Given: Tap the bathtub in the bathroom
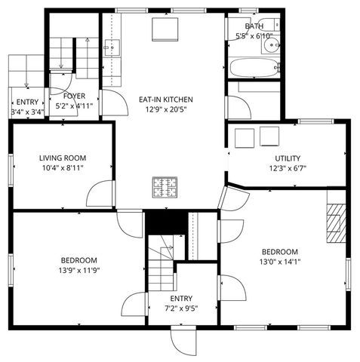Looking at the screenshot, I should tap(252, 68).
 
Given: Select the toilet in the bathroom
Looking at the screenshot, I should tap(272, 45).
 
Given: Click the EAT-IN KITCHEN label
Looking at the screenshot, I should tap(166, 99).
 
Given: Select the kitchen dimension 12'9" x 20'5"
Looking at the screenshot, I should tap(166, 109).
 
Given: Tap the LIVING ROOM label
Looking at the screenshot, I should tap(63, 158).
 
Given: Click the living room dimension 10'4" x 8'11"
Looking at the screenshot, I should tap(63, 167).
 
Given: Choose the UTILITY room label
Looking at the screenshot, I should tap(287, 158).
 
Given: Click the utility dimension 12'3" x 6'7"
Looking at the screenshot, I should tap(287, 168).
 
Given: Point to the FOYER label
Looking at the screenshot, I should tap(74, 96).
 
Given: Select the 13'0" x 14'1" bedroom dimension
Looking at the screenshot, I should tap(280, 262).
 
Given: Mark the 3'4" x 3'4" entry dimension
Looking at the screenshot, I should tap(27, 112).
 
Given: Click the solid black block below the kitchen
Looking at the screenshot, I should tap(165, 222).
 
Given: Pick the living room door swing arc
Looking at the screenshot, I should tap(100, 194).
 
